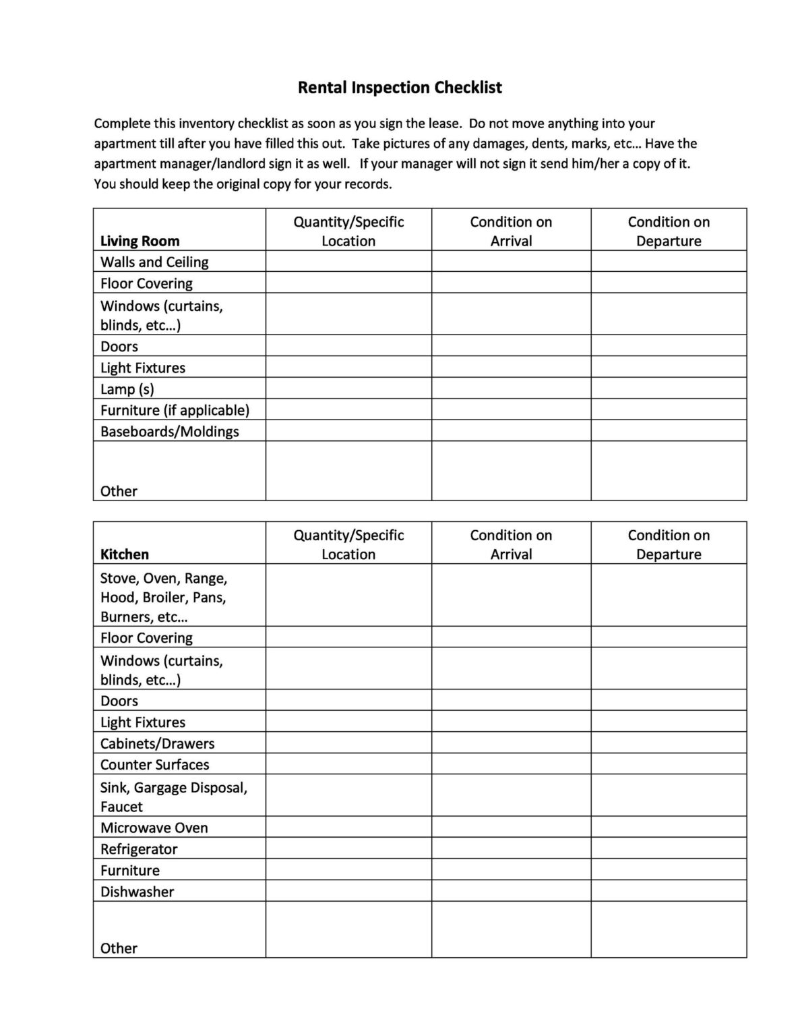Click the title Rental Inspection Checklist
400,88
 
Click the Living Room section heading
140,241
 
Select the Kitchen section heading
124,554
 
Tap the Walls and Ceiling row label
154,262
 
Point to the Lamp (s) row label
127,389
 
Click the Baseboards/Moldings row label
169,432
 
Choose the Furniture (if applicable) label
175,410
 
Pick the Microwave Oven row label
154,828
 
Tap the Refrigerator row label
139,849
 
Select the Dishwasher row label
137,892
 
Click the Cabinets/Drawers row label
157,743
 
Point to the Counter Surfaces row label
154,765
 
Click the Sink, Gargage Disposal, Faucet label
173,797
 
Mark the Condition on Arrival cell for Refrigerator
511,848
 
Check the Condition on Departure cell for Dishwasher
669,891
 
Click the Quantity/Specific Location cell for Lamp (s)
348,388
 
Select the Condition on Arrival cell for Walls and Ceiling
511,262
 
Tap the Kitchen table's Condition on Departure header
669,544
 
